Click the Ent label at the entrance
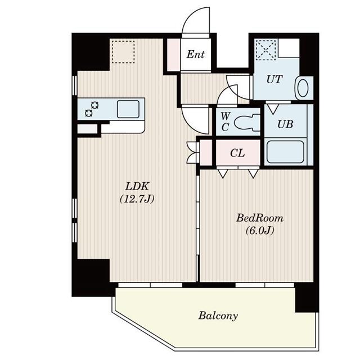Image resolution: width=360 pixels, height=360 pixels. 195,55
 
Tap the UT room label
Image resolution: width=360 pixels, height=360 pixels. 274,80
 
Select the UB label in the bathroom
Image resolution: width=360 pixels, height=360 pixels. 285,124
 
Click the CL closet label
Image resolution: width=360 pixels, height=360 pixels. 237,153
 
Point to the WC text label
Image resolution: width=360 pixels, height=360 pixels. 225,121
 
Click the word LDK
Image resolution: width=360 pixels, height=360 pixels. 137,187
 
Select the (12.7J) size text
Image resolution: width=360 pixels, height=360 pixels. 137,198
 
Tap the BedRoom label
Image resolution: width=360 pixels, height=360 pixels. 259,218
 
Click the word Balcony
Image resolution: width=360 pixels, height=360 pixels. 218,316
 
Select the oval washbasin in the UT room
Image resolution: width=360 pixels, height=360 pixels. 303,88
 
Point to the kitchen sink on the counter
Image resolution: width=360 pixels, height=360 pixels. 128,109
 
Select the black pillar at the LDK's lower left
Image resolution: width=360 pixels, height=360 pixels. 90,277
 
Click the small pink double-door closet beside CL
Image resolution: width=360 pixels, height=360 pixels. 206,152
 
